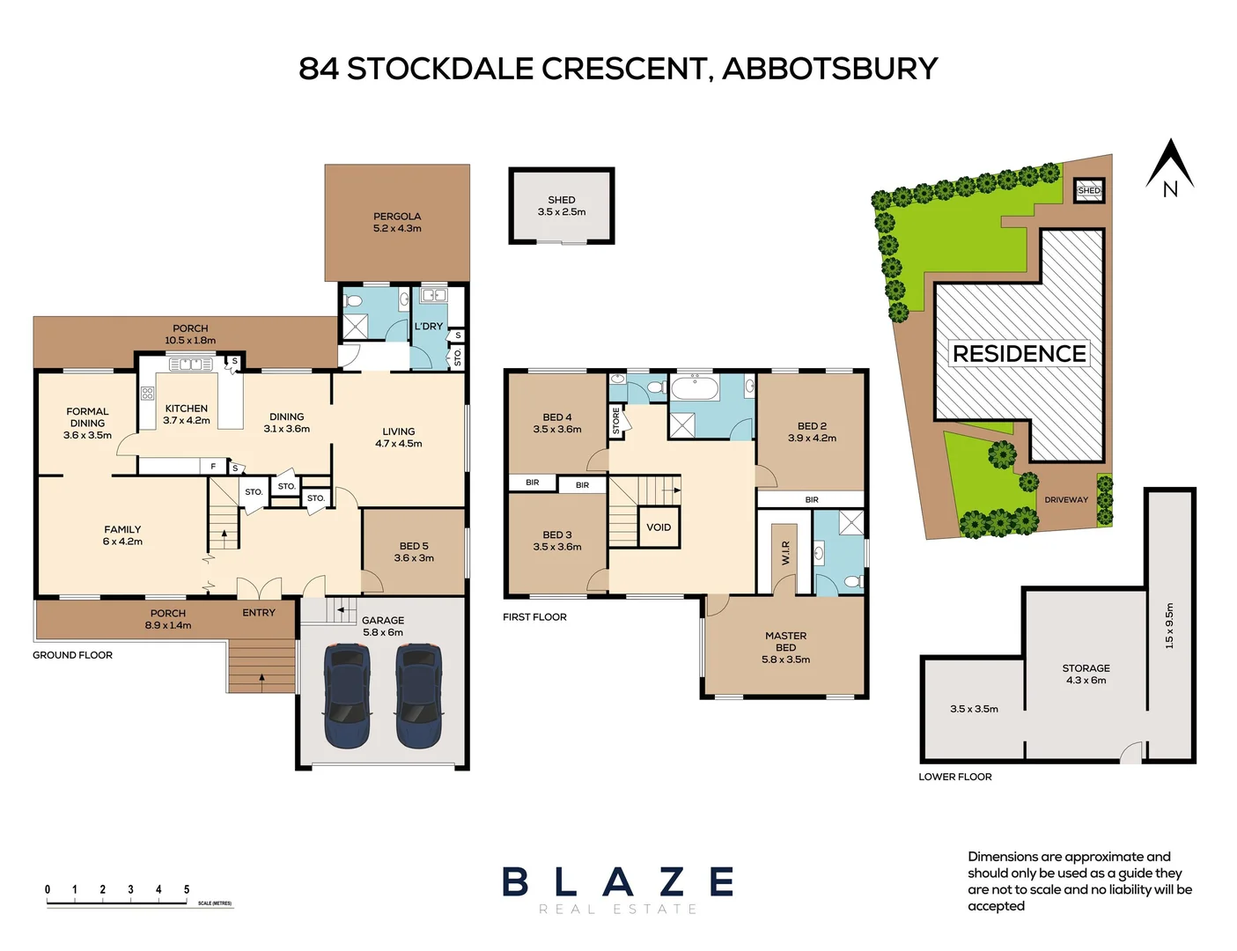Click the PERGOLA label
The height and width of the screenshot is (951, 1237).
tap(397, 217)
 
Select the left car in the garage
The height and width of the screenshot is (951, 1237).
tap(347, 696)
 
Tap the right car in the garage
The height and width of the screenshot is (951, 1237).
tap(417, 696)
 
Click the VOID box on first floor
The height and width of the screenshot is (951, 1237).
tap(659, 527)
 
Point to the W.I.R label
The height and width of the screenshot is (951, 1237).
tap(785, 553)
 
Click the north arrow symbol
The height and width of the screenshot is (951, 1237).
tap(1169, 167)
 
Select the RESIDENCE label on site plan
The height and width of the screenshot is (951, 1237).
tap(1019, 354)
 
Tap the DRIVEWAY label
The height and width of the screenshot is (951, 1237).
tap(1065, 500)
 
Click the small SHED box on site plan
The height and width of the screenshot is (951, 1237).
tap(1089, 190)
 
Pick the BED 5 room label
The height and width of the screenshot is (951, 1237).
tap(414, 546)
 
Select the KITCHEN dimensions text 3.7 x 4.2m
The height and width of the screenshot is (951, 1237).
tap(187, 421)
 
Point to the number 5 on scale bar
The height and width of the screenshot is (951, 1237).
tap(187, 889)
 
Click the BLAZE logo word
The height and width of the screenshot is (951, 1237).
tap(618, 882)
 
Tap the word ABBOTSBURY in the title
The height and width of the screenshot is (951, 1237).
tap(829, 69)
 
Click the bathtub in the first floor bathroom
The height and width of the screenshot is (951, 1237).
tap(695, 388)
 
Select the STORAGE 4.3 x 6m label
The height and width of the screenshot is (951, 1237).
tap(1086, 675)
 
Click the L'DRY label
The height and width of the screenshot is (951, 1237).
tap(429, 327)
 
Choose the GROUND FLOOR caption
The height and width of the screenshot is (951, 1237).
tap(72, 655)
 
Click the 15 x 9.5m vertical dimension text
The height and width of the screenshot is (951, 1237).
tap(1169, 625)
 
